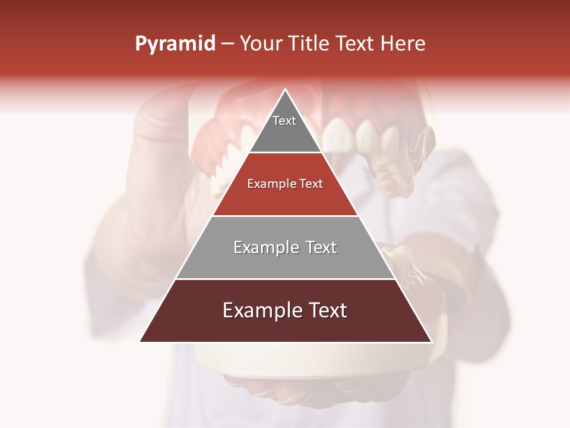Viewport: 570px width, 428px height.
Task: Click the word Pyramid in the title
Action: (x=175, y=44)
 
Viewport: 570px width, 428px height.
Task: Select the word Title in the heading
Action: (x=308, y=44)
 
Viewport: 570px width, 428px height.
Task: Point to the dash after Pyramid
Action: (x=227, y=44)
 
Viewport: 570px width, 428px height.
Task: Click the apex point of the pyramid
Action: (x=286, y=90)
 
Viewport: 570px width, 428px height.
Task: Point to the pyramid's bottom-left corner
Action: (x=141, y=341)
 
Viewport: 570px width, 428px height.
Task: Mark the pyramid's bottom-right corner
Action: (x=431, y=341)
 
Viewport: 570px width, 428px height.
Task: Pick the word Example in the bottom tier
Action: (x=261, y=310)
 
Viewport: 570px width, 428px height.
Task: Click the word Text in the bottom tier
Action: (x=326, y=310)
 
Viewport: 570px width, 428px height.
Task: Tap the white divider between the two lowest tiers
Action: (x=285, y=279)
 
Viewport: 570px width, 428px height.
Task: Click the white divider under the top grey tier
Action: (x=285, y=153)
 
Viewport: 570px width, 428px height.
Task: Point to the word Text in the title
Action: (x=356, y=44)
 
